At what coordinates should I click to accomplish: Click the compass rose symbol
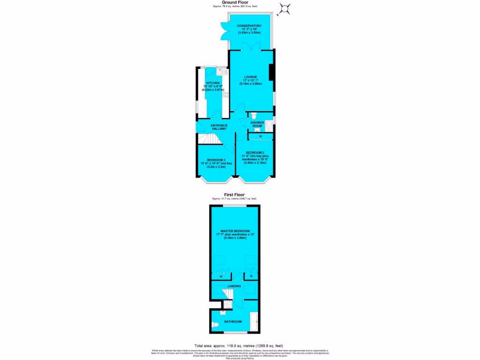coord(284,8)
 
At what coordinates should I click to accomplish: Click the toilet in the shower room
coord(254,115)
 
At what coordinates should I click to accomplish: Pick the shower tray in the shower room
coord(270,127)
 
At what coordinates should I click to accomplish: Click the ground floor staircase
coord(207,140)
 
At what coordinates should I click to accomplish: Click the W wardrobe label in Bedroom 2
coord(260,136)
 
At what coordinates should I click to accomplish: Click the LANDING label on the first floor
coord(234,286)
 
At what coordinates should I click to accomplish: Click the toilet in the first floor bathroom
coord(215,325)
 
